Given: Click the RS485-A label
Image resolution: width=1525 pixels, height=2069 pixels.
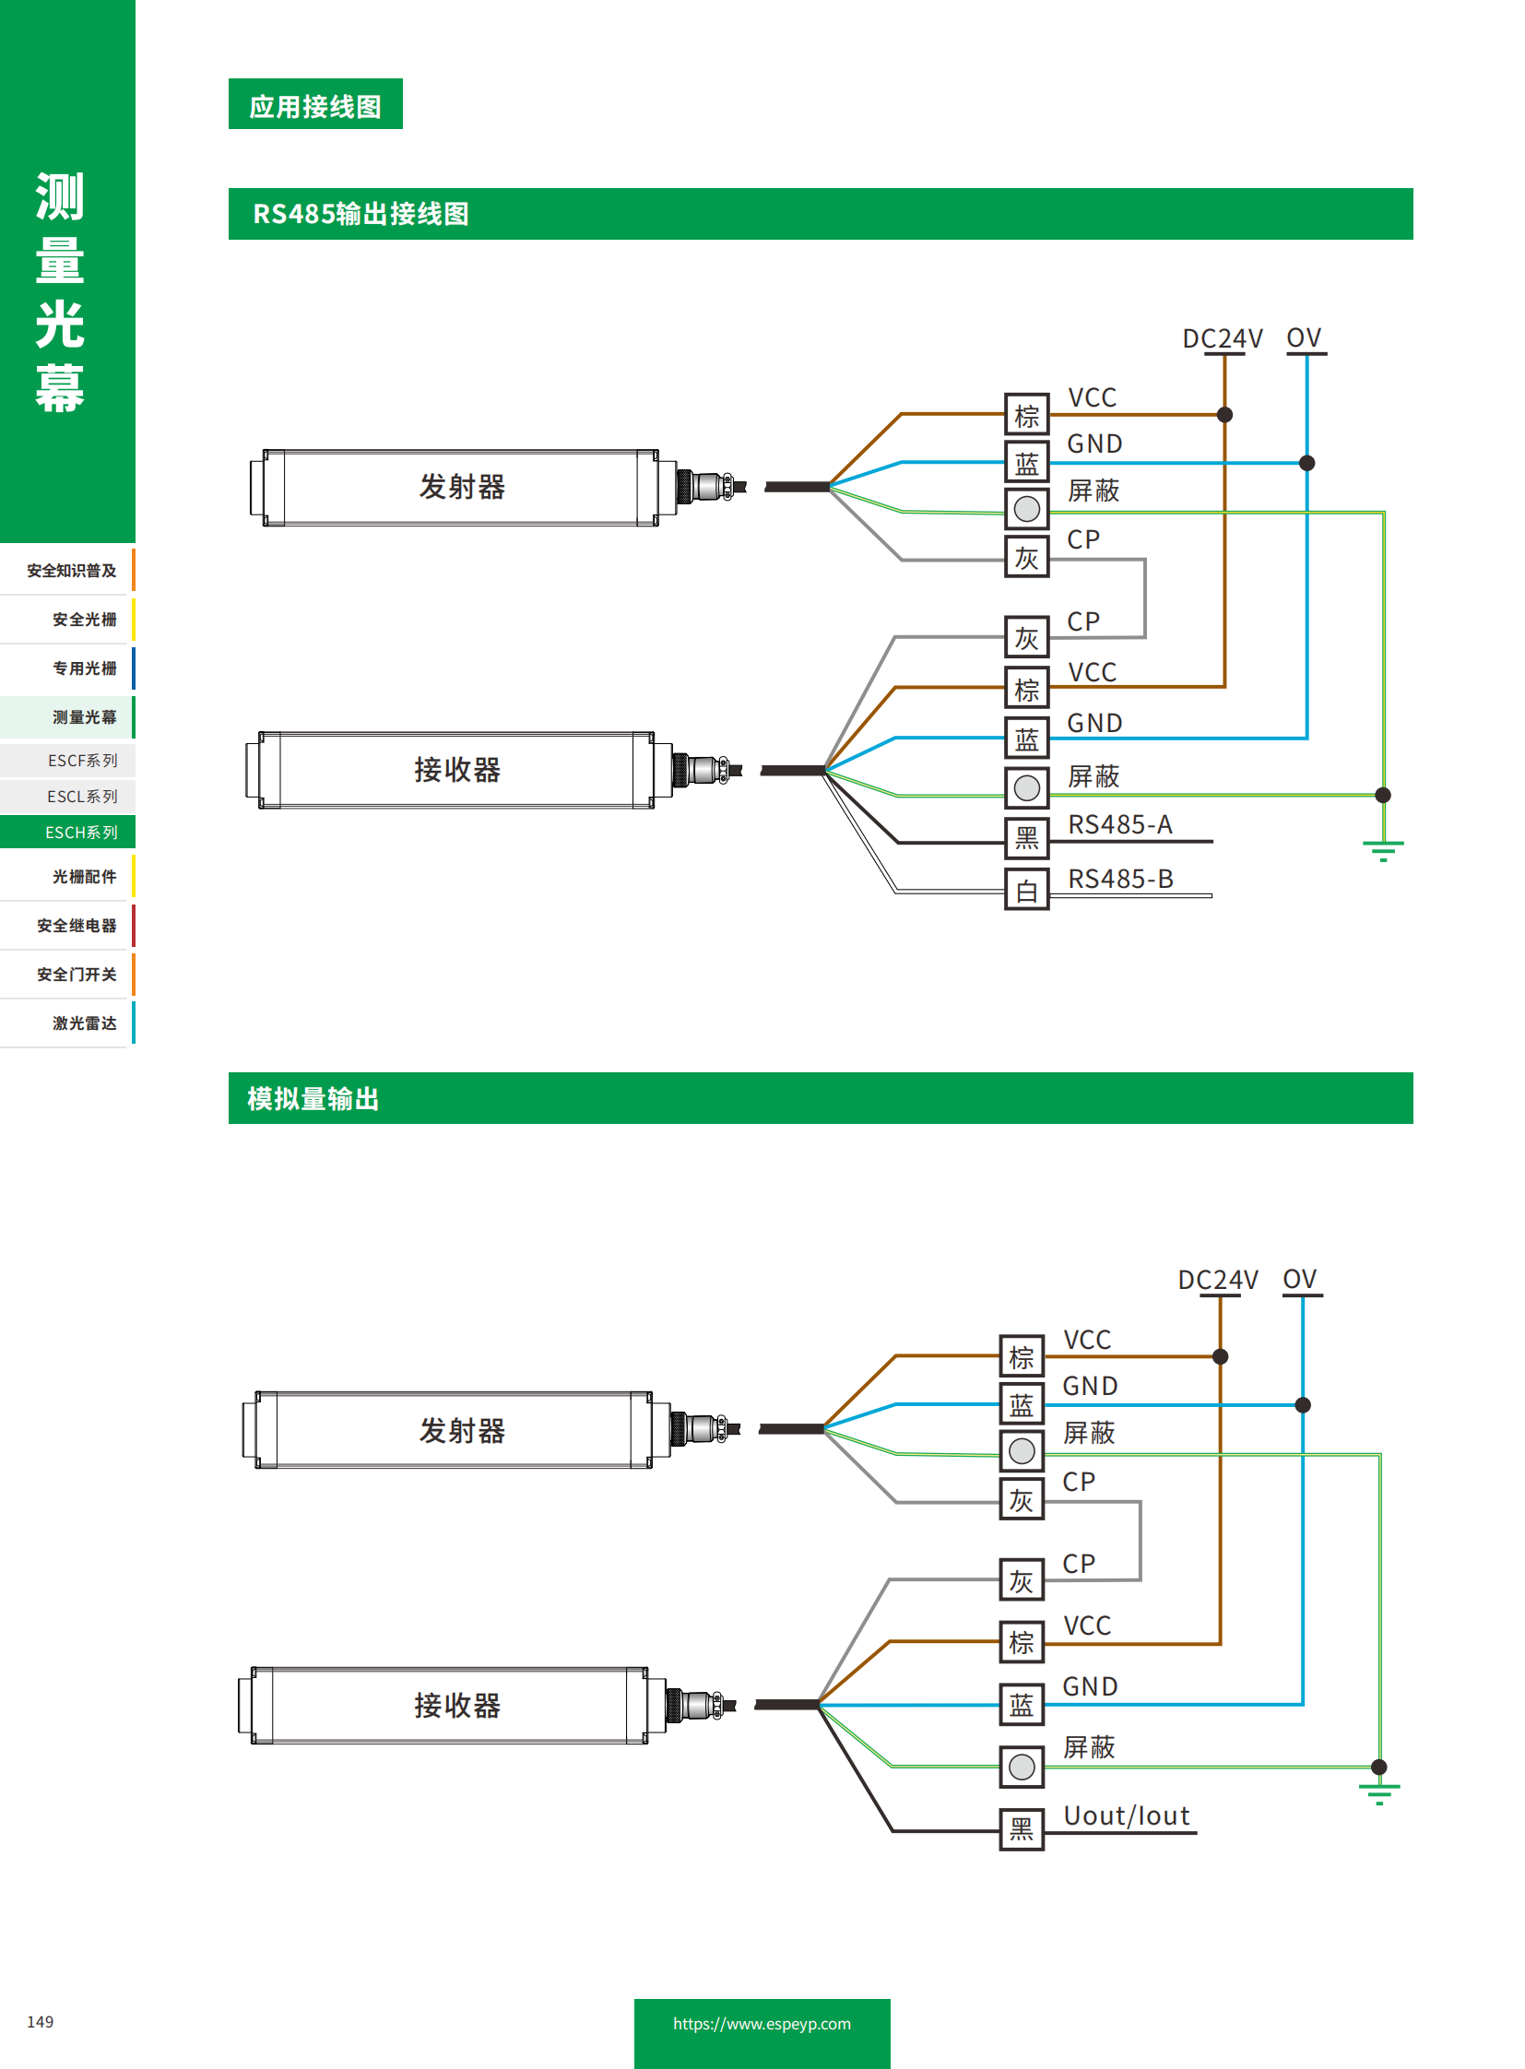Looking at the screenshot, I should pyautogui.click(x=1118, y=824).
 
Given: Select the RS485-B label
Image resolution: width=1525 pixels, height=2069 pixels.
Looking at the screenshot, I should pyautogui.click(x=1119, y=879).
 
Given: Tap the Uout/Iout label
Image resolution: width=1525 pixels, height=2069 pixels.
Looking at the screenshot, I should pyautogui.click(x=1126, y=1816).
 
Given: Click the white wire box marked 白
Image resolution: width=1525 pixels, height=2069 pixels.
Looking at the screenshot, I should pyautogui.click(x=1026, y=890).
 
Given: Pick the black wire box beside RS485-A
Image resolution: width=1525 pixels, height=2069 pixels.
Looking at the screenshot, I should pyautogui.click(x=1026, y=838).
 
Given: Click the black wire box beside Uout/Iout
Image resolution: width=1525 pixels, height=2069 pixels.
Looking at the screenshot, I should pyautogui.click(x=1021, y=1829).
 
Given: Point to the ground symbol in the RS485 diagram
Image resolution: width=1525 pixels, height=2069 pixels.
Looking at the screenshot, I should pyautogui.click(x=1382, y=849).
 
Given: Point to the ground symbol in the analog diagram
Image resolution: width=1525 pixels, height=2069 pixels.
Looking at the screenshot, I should pyautogui.click(x=1378, y=1793).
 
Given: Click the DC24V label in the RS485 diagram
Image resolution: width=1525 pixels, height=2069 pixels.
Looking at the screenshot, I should pyautogui.click(x=1222, y=338).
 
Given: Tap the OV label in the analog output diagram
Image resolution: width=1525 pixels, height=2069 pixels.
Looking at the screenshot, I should pyautogui.click(x=1299, y=1280).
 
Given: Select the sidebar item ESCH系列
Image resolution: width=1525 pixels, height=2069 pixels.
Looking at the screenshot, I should pyautogui.click(x=81, y=833).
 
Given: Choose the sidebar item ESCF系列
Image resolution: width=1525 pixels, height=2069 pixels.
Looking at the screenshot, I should pyautogui.click(x=82, y=761).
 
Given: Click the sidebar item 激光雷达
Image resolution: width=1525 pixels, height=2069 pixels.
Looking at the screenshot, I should pyautogui.click(x=84, y=1023).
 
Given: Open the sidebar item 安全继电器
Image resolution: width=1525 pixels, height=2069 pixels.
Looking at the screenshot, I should pyautogui.click(x=77, y=925).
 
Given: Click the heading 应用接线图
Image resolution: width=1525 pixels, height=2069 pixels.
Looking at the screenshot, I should pyautogui.click(x=314, y=106).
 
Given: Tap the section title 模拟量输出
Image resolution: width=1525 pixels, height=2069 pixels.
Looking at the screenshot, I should pyautogui.click(x=313, y=1099).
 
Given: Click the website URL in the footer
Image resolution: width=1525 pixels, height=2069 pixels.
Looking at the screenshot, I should pyautogui.click(x=762, y=2023).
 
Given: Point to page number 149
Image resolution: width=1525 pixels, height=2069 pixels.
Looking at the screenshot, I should pyautogui.click(x=40, y=2021).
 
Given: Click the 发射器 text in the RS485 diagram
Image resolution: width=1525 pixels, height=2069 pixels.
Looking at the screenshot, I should pyautogui.click(x=462, y=487).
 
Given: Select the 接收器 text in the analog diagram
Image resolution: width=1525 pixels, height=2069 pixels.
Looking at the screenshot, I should pyautogui.click(x=457, y=1705).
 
